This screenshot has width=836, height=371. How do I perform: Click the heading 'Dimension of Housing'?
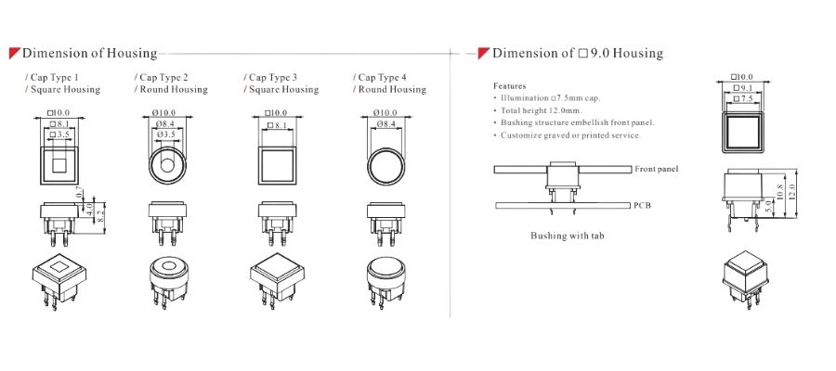coord(89,53)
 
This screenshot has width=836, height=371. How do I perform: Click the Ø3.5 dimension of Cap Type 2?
coord(166,134)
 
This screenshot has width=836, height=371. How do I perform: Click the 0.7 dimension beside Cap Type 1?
coord(80,192)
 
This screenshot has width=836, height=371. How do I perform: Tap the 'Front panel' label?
coord(657,169)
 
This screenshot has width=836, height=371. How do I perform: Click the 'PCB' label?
coord(643,206)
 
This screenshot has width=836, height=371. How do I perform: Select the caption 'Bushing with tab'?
coord(568,236)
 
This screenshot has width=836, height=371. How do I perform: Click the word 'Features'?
coord(510,85)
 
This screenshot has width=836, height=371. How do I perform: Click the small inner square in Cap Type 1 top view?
coord(59,165)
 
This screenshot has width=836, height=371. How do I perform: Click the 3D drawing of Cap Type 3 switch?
coord(277,281)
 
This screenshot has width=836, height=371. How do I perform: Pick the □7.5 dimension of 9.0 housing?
coord(743,99)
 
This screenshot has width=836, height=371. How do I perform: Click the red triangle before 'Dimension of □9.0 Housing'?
coord(484,53)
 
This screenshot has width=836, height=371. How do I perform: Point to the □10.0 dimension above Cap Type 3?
coord(276,113)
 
